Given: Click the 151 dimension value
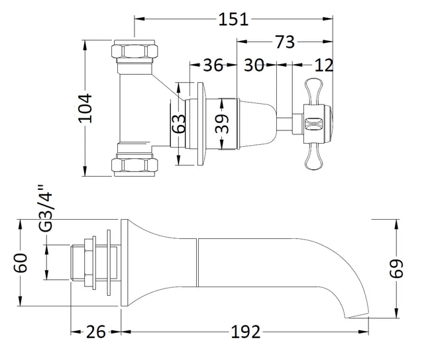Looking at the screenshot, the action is coord(233,19).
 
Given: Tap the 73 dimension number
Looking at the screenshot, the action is coord(285,42).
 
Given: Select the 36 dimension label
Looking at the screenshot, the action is coord(213,65).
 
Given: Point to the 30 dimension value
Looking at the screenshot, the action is coord(254,65).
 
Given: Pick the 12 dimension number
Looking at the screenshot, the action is coord(323,65).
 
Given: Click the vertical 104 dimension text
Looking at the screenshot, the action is coord(85,109).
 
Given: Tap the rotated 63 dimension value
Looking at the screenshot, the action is coord(179,124).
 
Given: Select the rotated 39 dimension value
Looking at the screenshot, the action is coord(222,124).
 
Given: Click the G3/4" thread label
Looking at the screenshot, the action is coord(44,208).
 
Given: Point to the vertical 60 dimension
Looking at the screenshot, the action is coord(21,263).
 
